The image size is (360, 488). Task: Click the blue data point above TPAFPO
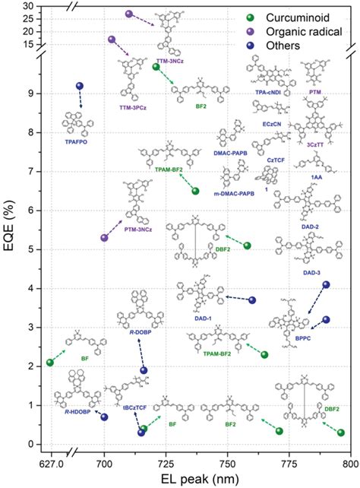(80, 86)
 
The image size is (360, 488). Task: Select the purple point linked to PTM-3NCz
(105, 238)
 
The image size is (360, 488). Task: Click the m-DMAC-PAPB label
(235, 194)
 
